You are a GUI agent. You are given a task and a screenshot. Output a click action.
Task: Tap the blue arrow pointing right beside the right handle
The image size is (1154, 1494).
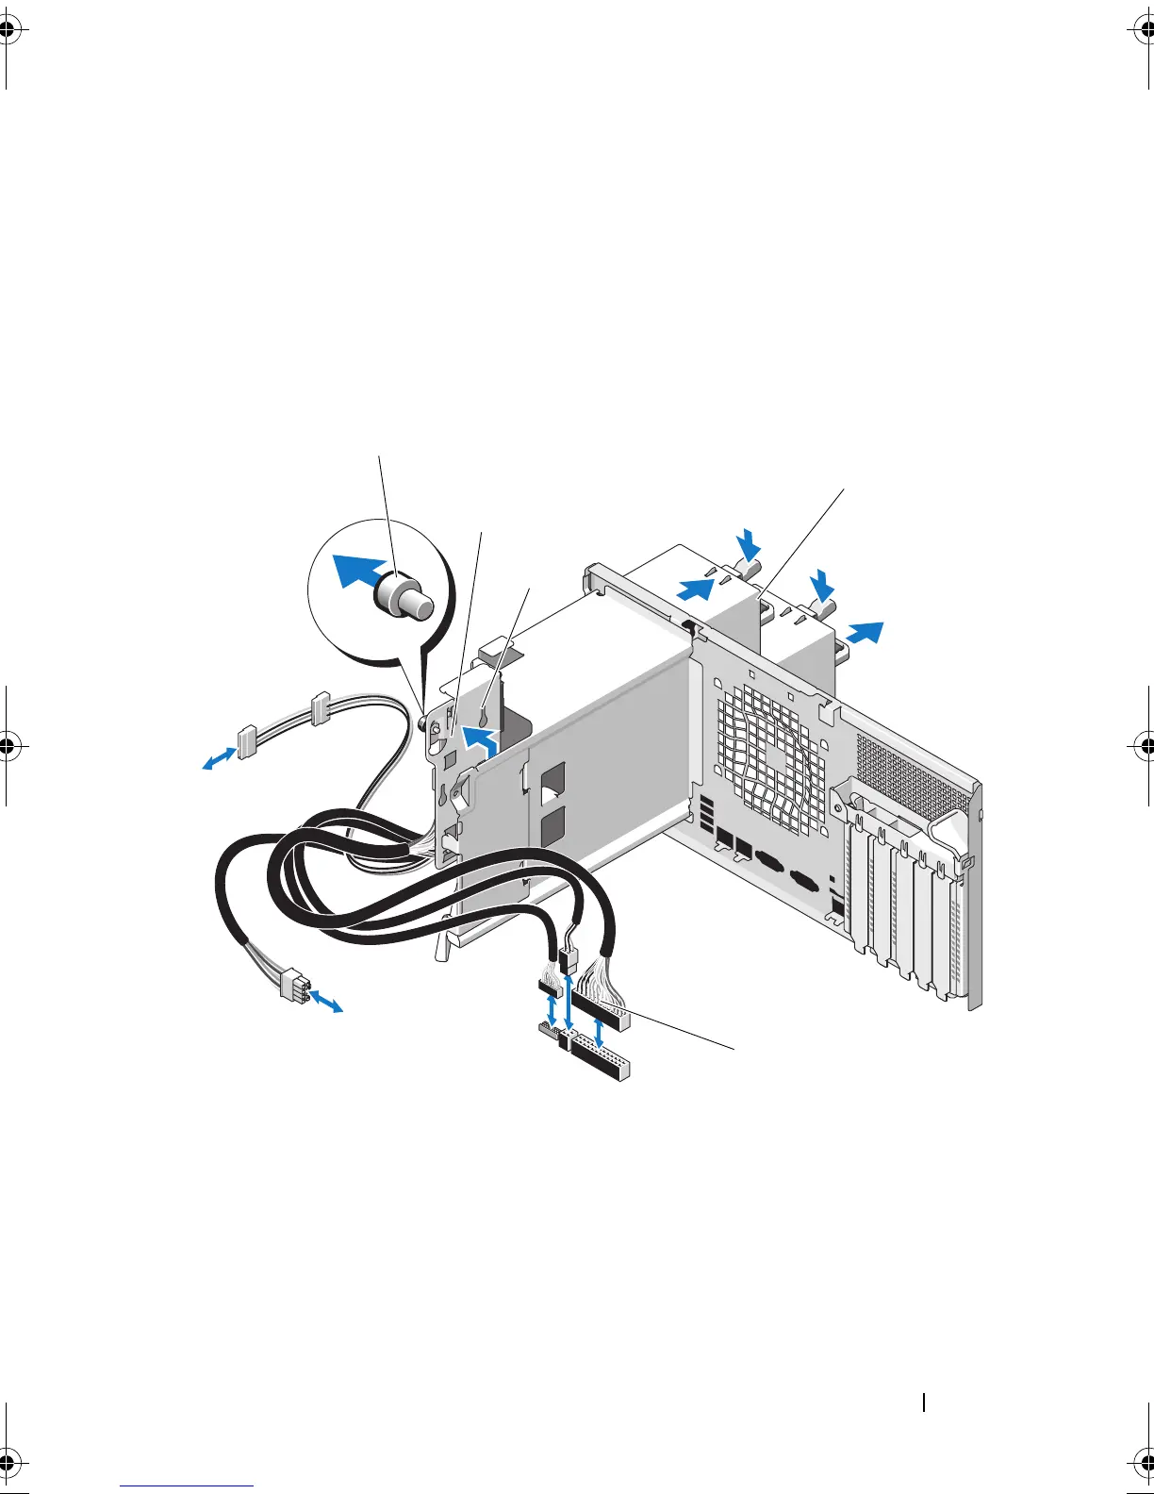[x=865, y=631]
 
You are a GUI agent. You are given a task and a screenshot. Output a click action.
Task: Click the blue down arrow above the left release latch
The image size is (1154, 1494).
[x=750, y=544]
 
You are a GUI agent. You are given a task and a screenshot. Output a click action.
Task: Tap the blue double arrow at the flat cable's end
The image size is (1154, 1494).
[x=220, y=757]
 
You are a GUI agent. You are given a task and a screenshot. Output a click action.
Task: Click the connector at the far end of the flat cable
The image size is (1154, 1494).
[x=248, y=741]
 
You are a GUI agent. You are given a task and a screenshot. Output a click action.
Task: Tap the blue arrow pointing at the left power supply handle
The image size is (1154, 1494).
[x=695, y=589]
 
